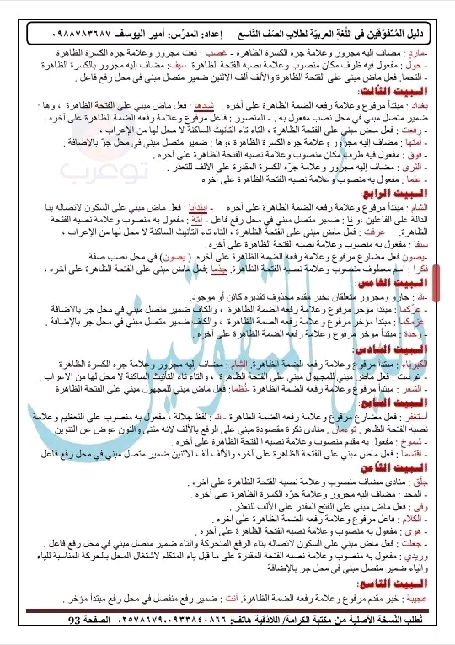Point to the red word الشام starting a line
434,206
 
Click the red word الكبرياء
426,363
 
